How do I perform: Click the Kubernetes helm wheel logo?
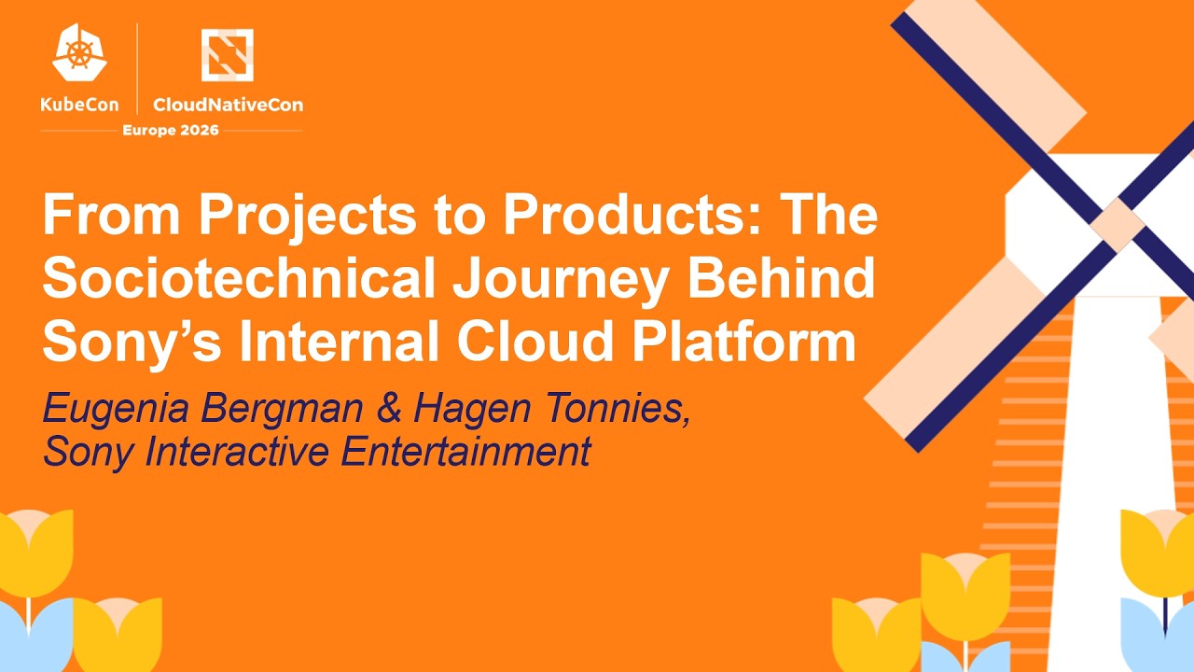click(80, 53)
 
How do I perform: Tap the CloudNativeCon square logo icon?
click(227, 54)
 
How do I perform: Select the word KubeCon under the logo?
click(80, 105)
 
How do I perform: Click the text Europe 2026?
click(171, 130)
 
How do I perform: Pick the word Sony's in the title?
click(132, 343)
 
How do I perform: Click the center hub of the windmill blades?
click(1118, 224)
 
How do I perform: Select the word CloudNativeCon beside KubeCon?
click(228, 105)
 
